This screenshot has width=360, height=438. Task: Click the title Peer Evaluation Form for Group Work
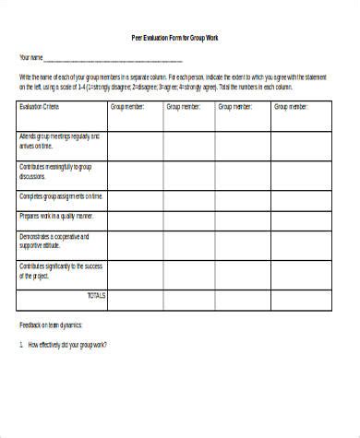[x=175, y=37]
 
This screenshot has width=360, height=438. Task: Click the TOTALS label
[x=95, y=295]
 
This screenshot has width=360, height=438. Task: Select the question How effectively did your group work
[x=66, y=345]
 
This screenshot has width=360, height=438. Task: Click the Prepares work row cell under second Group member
[x=190, y=219]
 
